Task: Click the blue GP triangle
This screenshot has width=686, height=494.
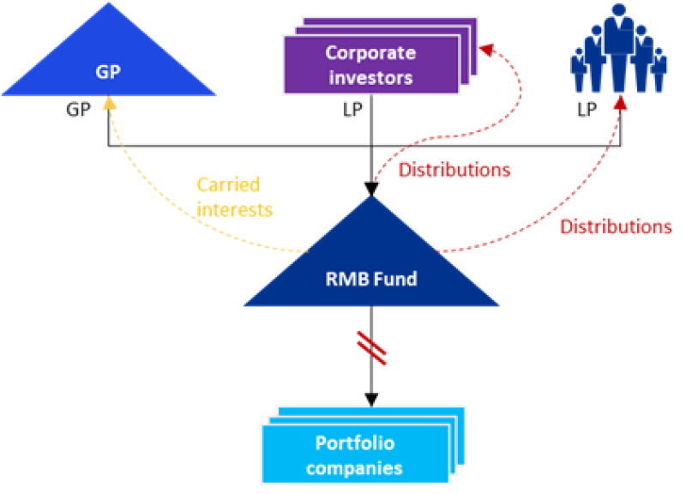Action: [108, 69]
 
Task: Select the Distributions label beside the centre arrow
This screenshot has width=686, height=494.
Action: [454, 170]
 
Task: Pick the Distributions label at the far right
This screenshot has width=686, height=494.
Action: [616, 227]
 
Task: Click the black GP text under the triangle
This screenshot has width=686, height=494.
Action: [78, 111]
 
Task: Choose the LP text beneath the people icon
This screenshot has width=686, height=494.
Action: [587, 112]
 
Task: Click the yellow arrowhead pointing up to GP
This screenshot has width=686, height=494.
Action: [109, 102]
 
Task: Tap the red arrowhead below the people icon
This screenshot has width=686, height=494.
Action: [620, 103]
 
